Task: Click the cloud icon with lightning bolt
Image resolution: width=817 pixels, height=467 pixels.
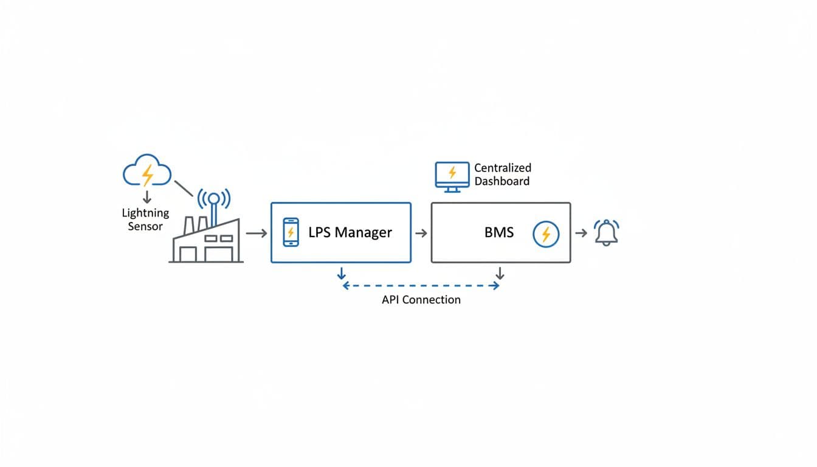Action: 147,171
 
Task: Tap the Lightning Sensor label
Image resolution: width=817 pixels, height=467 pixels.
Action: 145,220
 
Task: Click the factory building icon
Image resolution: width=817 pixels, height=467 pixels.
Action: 206,241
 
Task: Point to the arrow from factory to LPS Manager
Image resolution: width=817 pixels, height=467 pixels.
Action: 256,233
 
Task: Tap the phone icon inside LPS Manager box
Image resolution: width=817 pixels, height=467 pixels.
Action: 291,232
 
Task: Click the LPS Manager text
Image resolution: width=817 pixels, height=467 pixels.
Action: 350,232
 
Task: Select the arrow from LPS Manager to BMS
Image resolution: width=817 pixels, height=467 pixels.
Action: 421,233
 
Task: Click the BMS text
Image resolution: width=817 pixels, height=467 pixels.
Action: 498,232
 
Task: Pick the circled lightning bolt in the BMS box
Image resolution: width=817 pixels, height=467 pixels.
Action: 545,234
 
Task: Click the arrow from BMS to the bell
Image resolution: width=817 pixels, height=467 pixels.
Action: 581,233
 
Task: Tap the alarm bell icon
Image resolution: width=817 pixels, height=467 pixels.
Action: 606,233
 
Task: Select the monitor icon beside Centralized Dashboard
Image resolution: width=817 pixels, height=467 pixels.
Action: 452,176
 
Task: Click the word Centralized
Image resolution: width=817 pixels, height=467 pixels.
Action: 503,168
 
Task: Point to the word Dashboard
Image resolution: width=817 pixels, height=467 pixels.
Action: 502,181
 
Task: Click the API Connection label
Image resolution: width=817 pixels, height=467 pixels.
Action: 421,300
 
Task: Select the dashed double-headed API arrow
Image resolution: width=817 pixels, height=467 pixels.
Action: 421,285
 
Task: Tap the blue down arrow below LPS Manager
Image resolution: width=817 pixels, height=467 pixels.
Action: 342,273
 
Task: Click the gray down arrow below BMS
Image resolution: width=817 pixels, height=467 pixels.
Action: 500,273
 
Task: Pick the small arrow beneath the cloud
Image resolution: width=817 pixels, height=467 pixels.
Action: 147,197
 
